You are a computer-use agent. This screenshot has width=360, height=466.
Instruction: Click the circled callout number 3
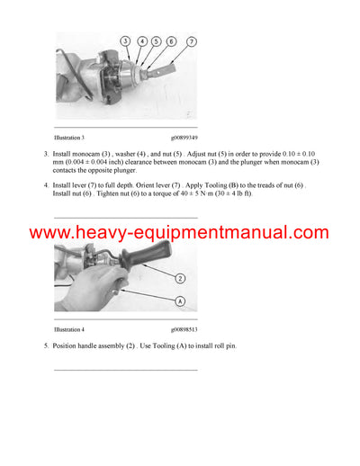125,41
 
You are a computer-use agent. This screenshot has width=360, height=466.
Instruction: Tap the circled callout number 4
142,41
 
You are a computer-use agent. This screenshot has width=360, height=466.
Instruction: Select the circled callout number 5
157,41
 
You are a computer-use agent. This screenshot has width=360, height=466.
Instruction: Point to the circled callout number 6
171,41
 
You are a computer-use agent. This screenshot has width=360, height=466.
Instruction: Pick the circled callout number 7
191,41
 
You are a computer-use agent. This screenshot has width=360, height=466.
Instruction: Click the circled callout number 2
180,279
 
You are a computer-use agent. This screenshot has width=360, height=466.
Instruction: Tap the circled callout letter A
180,301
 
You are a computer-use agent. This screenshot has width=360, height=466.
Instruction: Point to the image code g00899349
180,137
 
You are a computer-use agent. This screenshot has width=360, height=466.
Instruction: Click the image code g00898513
180,329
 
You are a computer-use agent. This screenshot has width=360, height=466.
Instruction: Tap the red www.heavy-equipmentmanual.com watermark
179,233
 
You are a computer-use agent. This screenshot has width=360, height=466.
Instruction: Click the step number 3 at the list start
46,154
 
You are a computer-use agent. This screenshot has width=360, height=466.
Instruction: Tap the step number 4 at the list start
46,185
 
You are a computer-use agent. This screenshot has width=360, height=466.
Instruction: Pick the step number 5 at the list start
46,346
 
